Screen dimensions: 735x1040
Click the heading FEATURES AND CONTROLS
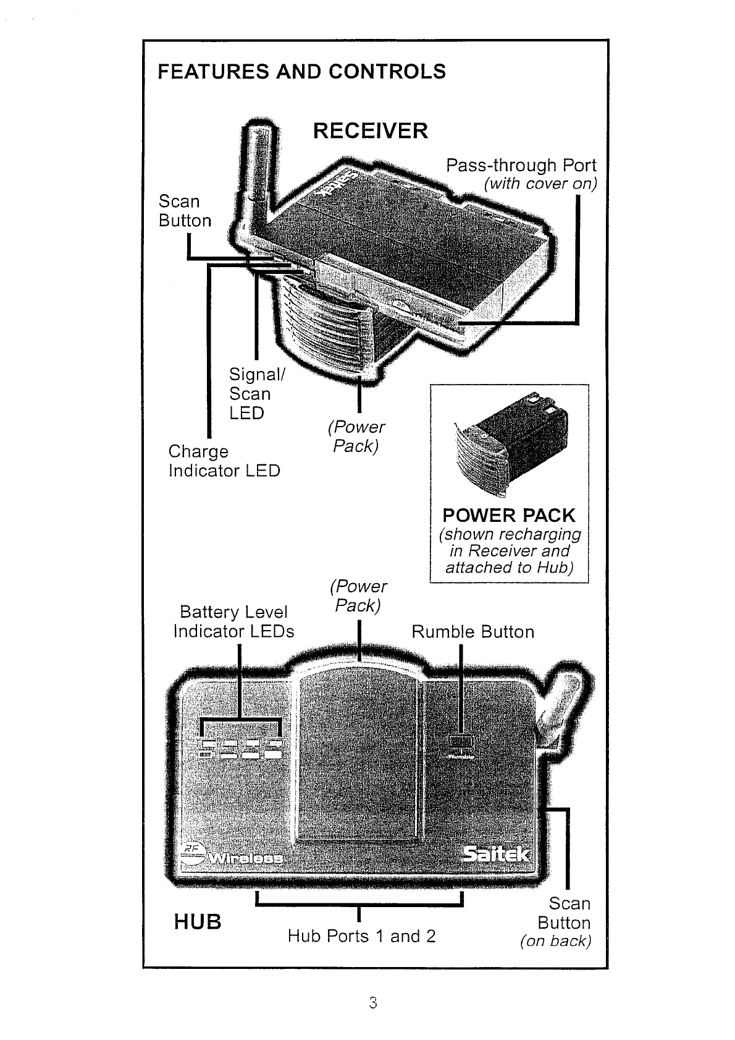[301, 72]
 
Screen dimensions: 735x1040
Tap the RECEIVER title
[370, 131]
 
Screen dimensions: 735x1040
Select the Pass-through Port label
[521, 166]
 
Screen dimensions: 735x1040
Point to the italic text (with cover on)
[540, 184]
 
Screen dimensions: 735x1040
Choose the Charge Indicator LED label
[224, 461]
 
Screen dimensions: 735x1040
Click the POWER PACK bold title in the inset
[508, 516]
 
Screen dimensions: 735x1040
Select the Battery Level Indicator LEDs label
[233, 621]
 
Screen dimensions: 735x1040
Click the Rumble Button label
[472, 632]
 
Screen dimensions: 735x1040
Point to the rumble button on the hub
[461, 741]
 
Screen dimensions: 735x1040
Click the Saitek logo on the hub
[496, 854]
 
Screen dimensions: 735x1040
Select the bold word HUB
[197, 923]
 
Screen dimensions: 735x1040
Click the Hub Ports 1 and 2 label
[361, 936]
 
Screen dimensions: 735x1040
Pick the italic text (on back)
[555, 942]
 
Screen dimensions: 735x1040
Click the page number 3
[372, 1002]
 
